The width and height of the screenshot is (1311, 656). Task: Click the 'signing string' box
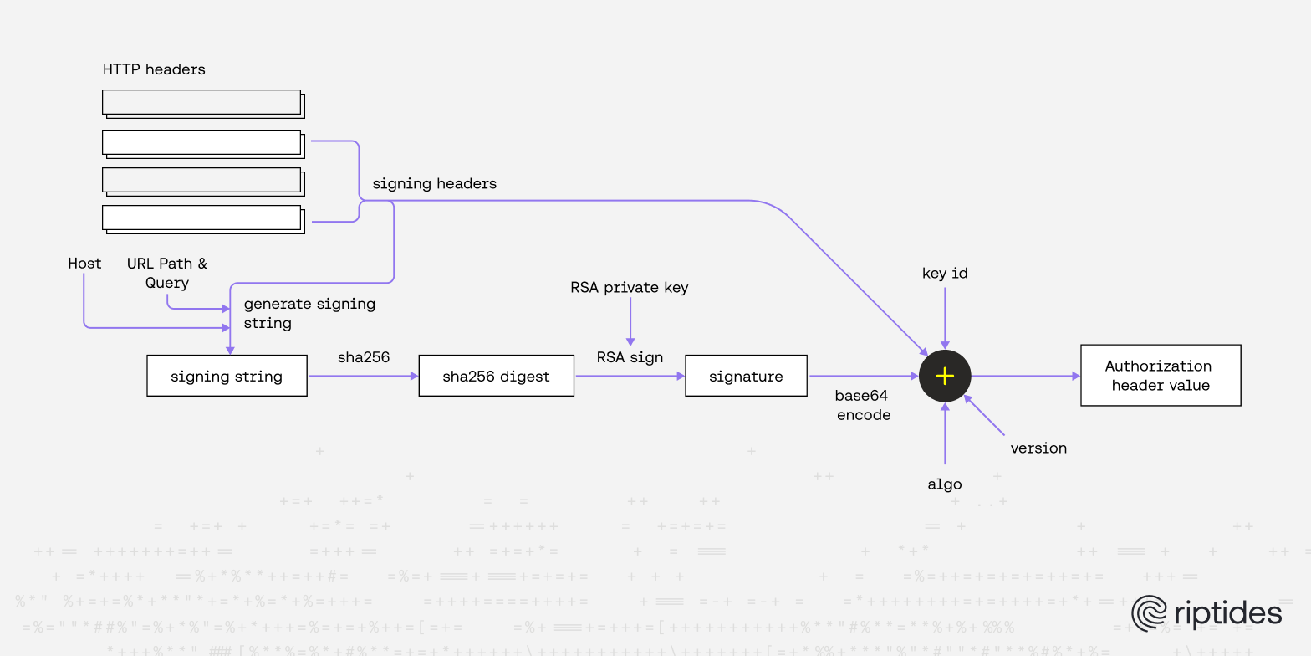click(x=227, y=376)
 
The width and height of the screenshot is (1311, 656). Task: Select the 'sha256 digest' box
click(x=496, y=376)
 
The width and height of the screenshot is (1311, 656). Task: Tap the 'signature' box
click(x=746, y=376)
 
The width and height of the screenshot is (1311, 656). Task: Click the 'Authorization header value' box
click(x=1160, y=375)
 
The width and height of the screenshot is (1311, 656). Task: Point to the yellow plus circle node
click(x=945, y=376)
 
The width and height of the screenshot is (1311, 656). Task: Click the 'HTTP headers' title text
click(x=154, y=69)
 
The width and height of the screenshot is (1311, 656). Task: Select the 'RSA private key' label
click(x=630, y=287)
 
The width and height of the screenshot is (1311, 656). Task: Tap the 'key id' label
click(x=945, y=273)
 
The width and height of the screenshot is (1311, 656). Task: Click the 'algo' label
click(x=945, y=484)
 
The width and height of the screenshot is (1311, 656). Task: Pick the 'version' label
click(x=1038, y=448)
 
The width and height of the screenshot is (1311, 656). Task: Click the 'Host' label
click(x=84, y=263)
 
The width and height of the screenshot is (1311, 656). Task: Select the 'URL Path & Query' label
click(x=167, y=273)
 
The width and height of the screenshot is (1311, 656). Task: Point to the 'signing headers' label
click(x=434, y=183)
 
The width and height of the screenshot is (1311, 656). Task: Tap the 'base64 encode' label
click(x=863, y=405)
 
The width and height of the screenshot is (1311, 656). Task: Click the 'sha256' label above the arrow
click(x=364, y=357)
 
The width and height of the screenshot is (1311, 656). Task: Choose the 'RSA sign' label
click(x=630, y=357)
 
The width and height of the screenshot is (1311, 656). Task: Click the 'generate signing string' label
click(x=309, y=313)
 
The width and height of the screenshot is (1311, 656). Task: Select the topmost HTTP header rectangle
click(x=201, y=102)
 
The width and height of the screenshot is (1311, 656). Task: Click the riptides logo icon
click(x=1149, y=613)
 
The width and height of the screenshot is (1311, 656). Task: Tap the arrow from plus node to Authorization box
click(x=1025, y=376)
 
